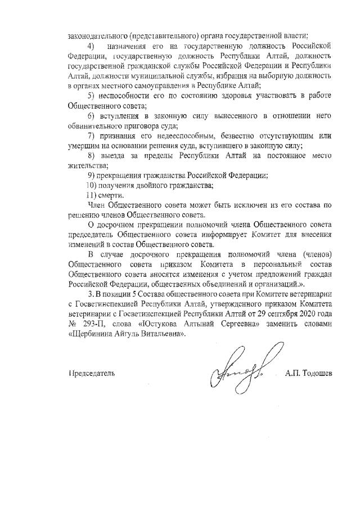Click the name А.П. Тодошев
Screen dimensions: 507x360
(x=308, y=373)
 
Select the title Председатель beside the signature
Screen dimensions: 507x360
(x=92, y=373)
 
